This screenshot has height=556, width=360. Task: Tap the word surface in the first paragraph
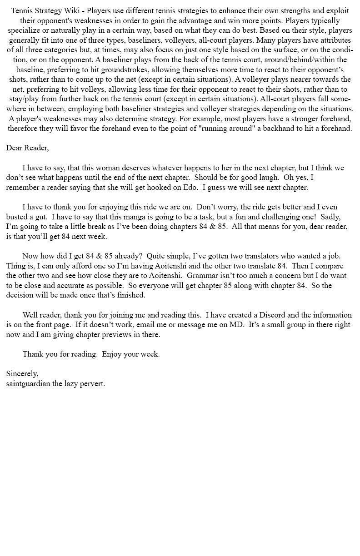point(285,50)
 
